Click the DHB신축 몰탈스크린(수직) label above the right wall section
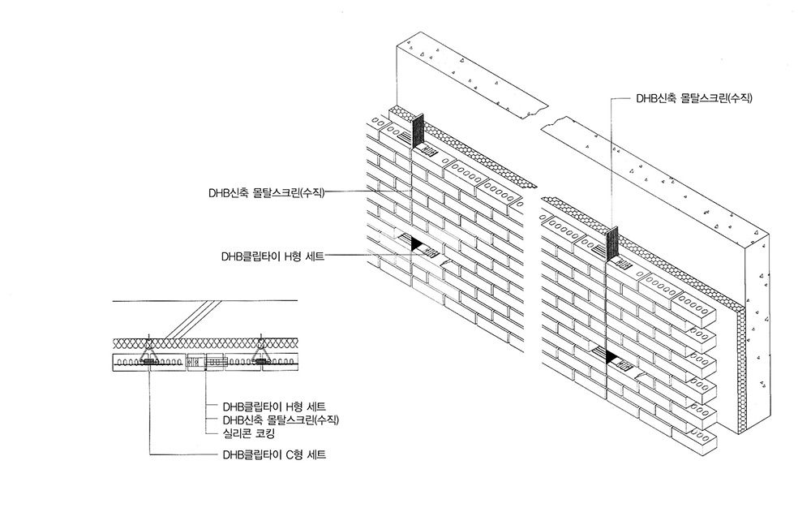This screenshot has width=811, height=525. (694, 98)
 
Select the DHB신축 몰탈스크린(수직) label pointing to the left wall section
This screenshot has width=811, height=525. (266, 192)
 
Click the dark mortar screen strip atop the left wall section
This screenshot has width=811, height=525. (418, 131)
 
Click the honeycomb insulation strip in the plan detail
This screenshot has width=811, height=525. (203, 343)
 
